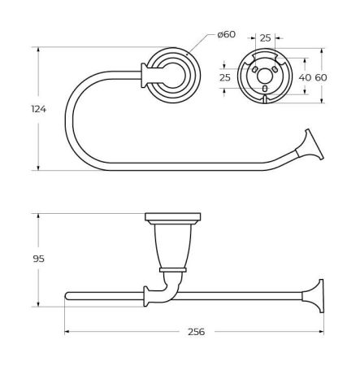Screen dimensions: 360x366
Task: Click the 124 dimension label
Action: pyautogui.click(x=39, y=109)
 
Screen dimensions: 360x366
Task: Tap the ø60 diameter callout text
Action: pyautogui.click(x=227, y=34)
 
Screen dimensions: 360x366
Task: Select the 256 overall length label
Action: pyautogui.click(x=197, y=332)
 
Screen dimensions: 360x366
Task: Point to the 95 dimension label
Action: pyautogui.click(x=38, y=259)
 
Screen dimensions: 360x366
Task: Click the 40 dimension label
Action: pyautogui.click(x=305, y=77)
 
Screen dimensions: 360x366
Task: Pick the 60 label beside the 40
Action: pyautogui.click(x=321, y=77)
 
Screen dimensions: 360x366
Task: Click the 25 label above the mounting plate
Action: pyautogui.click(x=265, y=38)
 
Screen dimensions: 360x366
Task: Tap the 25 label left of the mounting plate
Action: pyautogui.click(x=225, y=77)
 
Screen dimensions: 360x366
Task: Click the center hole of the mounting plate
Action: pyautogui.click(x=264, y=76)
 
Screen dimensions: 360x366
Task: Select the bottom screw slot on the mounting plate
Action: pyautogui.click(x=265, y=89)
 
